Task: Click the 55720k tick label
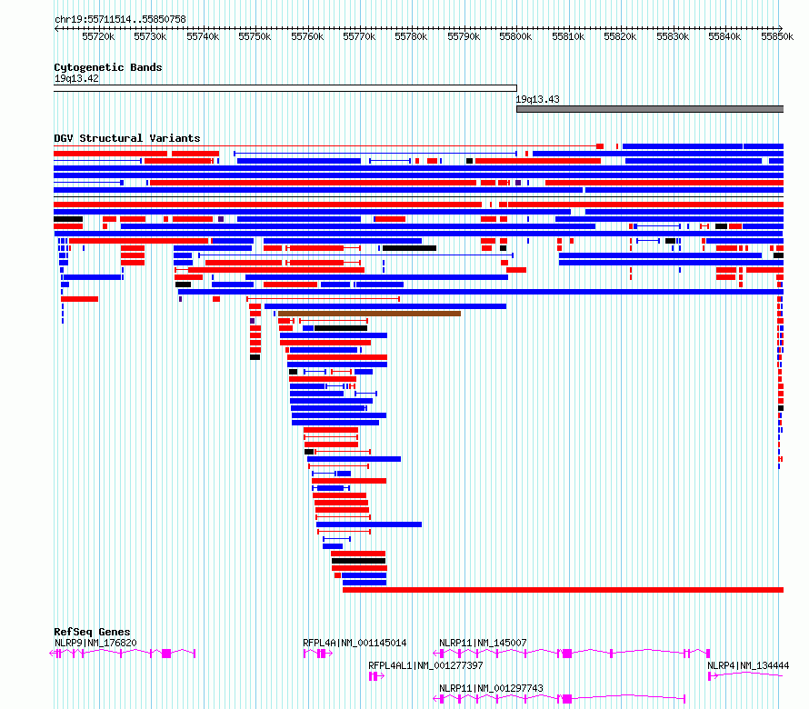[x=98, y=36]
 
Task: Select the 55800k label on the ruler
[x=515, y=36]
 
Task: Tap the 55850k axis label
[x=777, y=36]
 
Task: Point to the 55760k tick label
[x=307, y=36]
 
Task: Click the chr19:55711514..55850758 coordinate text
[x=120, y=19]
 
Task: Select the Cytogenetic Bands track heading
[x=108, y=67]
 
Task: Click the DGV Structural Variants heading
[x=127, y=138]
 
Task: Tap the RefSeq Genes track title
[x=92, y=632]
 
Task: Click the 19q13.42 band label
[x=76, y=78]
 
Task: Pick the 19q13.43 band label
[x=537, y=99]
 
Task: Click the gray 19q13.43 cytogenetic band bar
[x=650, y=109]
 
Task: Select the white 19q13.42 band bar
[x=285, y=88]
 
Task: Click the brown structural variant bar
[x=369, y=314]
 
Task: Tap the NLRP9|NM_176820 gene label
[x=95, y=643]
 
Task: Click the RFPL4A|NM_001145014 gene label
[x=355, y=643]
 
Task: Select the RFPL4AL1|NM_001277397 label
[x=425, y=665]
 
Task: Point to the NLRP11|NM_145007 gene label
[x=483, y=643]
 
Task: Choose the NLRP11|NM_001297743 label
[x=491, y=688]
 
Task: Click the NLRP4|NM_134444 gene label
[x=748, y=665]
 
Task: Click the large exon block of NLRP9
[x=166, y=654]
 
